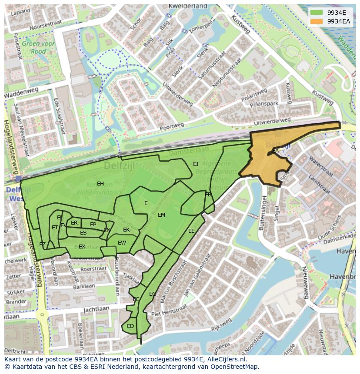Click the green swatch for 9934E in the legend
point(316,13)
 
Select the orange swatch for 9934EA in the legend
point(316,21)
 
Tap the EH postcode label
point(100,184)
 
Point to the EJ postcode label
point(196,164)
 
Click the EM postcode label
point(161,215)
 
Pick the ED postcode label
point(130,326)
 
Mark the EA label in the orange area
point(275,151)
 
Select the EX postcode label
point(82,247)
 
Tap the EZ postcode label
point(42,245)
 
